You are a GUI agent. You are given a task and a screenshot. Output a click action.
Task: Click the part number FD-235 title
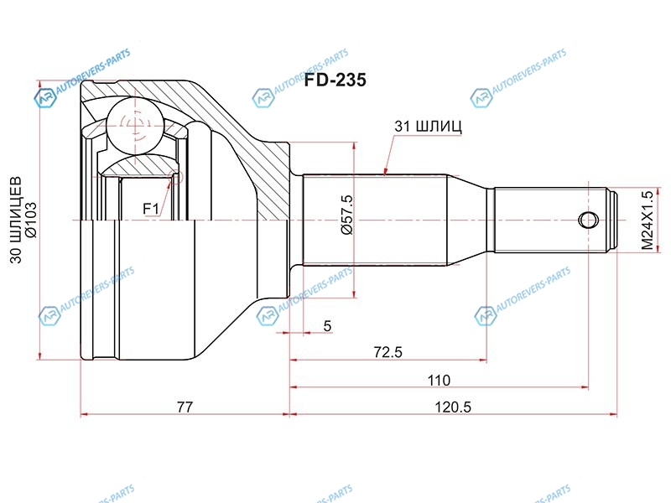pos(335,80)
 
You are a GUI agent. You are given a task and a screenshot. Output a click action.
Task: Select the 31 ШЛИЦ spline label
pos(428,127)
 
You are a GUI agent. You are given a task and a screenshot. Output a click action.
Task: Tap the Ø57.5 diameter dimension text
pos(346,215)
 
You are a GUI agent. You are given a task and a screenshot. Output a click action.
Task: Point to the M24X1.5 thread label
pos(648,220)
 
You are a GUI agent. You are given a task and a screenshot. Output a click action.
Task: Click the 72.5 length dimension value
pos(388,352)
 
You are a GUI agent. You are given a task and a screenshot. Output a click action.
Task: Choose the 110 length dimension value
pos(439,381)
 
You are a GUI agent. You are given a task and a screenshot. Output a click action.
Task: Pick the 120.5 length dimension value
pos(453,407)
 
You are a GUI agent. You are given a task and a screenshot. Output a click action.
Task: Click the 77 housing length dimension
pos(185,407)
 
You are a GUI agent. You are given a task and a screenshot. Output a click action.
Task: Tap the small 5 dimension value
pos(327,326)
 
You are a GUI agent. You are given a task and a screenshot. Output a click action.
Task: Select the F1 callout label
pos(151,209)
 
